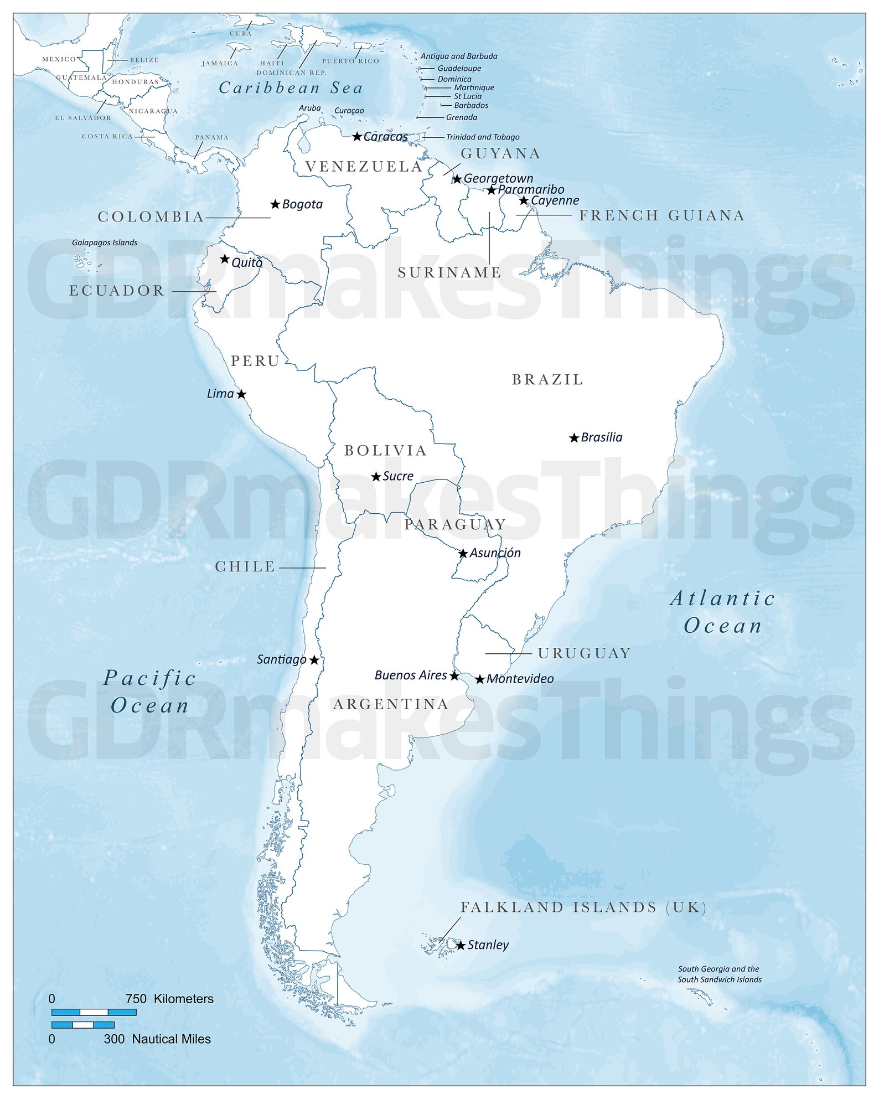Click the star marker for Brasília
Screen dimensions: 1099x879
(x=574, y=438)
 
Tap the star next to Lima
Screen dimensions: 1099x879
(x=241, y=394)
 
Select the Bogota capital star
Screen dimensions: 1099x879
(x=275, y=204)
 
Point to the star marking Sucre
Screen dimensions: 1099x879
(x=376, y=477)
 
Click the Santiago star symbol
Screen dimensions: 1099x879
(x=314, y=660)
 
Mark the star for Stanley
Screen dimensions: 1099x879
(x=461, y=946)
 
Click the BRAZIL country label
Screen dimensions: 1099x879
(x=547, y=380)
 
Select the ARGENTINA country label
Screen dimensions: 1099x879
(x=391, y=704)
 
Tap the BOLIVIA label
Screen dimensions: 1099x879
(x=386, y=451)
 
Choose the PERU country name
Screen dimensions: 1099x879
(x=255, y=361)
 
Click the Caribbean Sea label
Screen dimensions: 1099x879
(x=291, y=88)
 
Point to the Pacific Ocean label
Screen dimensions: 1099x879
(x=150, y=692)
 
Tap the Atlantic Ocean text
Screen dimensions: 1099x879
(x=722, y=612)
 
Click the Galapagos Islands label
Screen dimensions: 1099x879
(x=105, y=242)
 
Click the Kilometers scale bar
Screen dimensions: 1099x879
(x=94, y=1012)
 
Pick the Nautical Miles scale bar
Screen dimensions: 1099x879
(x=83, y=1025)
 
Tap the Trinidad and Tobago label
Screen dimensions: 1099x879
(x=483, y=137)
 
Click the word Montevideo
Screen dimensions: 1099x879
(x=520, y=679)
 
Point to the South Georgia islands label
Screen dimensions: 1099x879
(x=719, y=974)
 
